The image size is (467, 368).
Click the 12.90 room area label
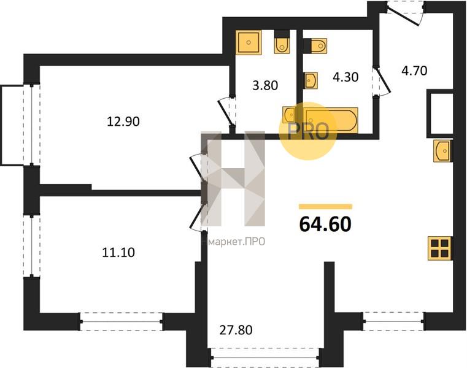123,121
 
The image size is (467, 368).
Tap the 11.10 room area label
118,253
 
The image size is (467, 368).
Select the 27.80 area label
236,330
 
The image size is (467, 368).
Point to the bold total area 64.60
325,224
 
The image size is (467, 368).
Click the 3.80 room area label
264,85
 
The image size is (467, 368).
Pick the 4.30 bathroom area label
345,77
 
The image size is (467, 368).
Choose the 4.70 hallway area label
414,71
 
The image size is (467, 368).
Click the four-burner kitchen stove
440,248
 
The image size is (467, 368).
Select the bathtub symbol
331,121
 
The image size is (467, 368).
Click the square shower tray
249,42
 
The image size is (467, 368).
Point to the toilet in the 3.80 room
282,42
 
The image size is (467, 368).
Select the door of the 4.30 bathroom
382,81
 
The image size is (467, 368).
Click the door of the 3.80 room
227,112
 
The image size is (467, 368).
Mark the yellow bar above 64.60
325,207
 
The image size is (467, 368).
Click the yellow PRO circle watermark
308,131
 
